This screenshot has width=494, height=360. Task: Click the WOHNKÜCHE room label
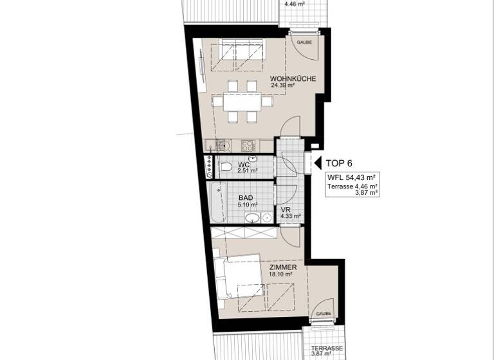coord(292,79)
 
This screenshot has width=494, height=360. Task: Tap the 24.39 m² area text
coord(284,85)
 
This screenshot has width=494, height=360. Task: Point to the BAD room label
coord(245,199)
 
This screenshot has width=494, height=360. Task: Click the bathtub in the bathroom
coord(217,201)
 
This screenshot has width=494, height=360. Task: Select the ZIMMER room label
coord(283,267)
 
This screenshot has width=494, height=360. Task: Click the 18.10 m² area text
coord(282,274)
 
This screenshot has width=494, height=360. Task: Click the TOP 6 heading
coord(339,163)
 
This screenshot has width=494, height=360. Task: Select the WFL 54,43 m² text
coord(351,177)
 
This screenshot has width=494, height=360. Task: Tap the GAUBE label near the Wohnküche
coord(304,42)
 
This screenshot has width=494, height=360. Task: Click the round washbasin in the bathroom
coord(253,217)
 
